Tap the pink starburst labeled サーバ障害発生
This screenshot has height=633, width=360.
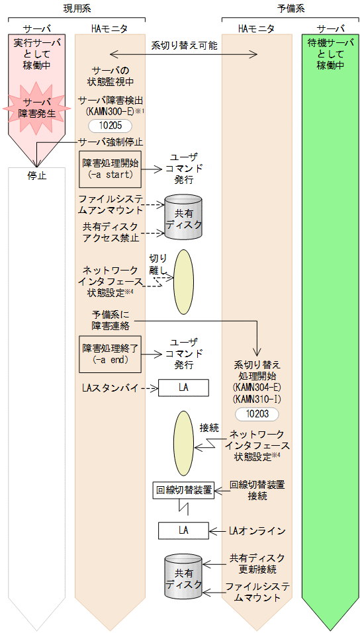[x=36, y=108]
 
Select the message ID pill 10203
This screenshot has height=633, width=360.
[x=256, y=413]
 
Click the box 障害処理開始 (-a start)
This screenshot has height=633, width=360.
[x=110, y=169]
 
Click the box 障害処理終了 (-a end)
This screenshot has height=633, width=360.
[x=110, y=354]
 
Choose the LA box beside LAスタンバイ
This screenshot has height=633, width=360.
[x=183, y=388]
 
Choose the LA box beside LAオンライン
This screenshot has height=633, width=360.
[x=183, y=530]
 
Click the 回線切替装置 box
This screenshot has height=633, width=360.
[x=183, y=490]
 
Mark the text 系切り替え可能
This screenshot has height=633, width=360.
[x=183, y=46]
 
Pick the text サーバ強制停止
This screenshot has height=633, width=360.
[x=111, y=142]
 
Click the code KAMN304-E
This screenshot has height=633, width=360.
[x=257, y=386]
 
